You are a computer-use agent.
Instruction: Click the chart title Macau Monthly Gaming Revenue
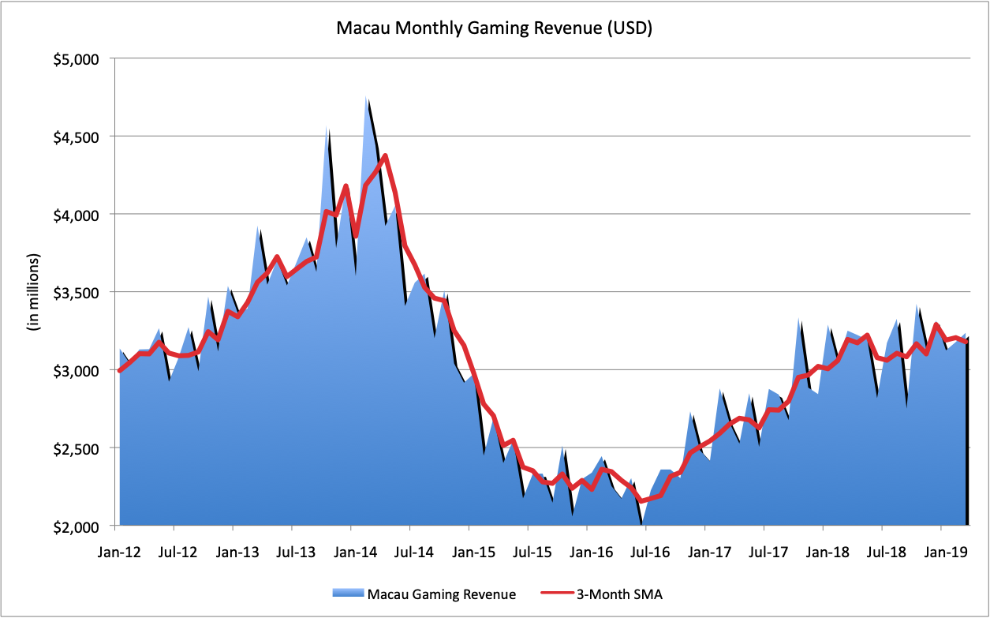(495, 29)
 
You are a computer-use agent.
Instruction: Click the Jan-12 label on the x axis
(119, 551)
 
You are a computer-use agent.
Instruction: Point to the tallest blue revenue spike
(366, 98)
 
